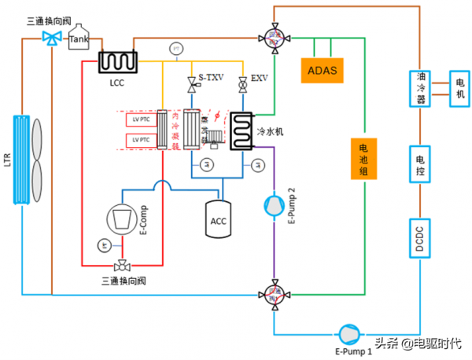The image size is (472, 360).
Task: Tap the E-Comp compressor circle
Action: click(120, 217)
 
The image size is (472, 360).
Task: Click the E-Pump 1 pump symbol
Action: click(345, 332)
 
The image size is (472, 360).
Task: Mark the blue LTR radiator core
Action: click(24, 158)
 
